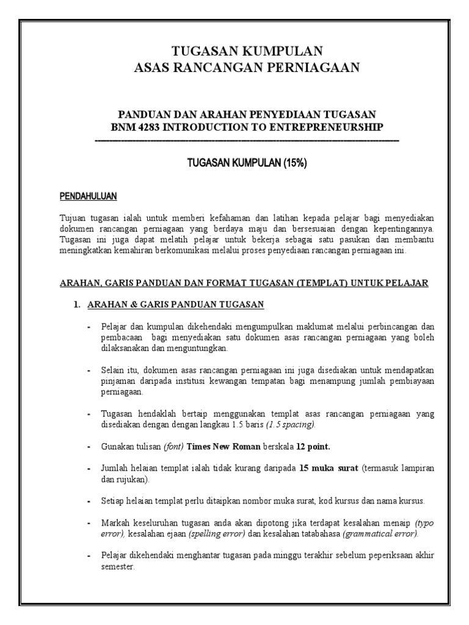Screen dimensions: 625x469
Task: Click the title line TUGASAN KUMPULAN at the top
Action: point(247,51)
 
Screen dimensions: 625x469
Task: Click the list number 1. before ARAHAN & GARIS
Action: point(78,305)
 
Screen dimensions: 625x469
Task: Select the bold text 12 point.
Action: point(313,446)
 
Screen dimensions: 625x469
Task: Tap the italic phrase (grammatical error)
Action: point(380,533)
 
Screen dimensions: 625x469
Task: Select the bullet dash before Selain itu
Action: point(89,370)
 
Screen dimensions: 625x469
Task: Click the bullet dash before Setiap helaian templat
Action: point(89,501)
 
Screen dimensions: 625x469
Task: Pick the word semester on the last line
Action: point(118,566)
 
